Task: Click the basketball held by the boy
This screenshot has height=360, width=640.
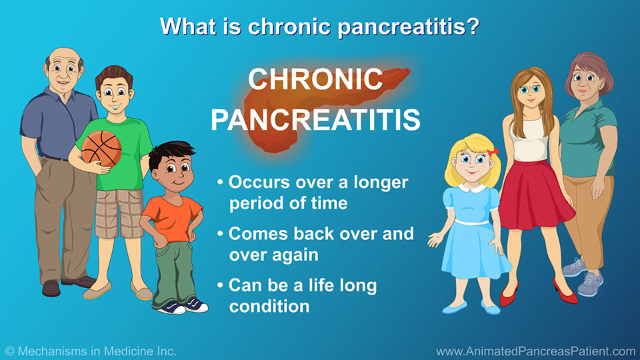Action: tap(101, 149)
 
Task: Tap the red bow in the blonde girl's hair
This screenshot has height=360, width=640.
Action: tap(493, 151)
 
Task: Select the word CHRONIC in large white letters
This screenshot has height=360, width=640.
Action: tap(315, 79)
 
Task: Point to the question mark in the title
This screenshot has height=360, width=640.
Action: tap(473, 26)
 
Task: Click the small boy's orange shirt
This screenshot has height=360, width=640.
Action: tap(173, 218)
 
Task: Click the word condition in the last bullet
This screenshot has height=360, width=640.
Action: tap(269, 306)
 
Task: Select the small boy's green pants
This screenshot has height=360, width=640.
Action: tap(173, 273)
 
